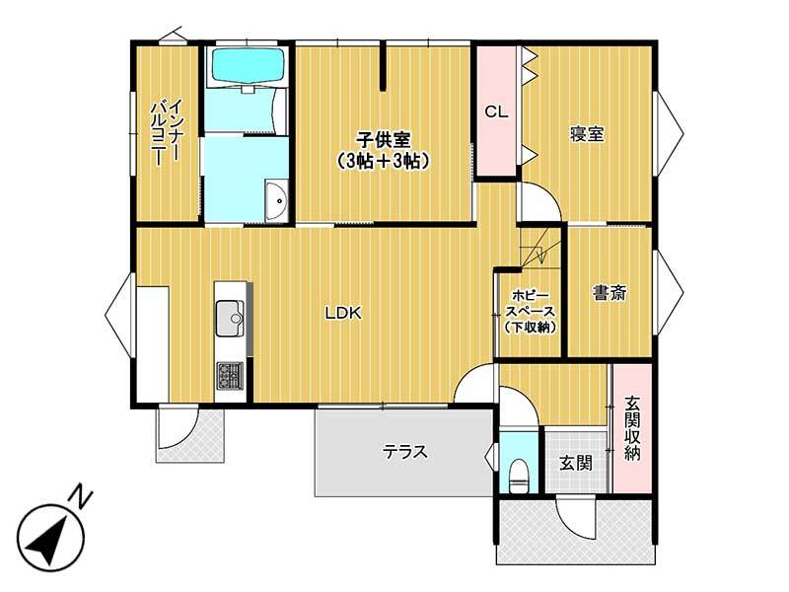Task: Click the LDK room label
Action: point(343,313)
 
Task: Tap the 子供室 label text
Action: point(384,139)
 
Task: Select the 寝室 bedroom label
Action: point(587,134)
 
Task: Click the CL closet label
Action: point(496,111)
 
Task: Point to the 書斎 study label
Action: point(610,292)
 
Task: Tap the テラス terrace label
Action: point(405,452)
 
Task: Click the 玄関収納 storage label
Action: point(632,428)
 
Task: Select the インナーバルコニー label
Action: point(166,132)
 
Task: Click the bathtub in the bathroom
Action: point(249,65)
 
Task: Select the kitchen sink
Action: point(230,318)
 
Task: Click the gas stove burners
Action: point(230,376)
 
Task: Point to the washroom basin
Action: point(276,200)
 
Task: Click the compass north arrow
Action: point(48,539)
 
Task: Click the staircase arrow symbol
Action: point(540,254)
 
